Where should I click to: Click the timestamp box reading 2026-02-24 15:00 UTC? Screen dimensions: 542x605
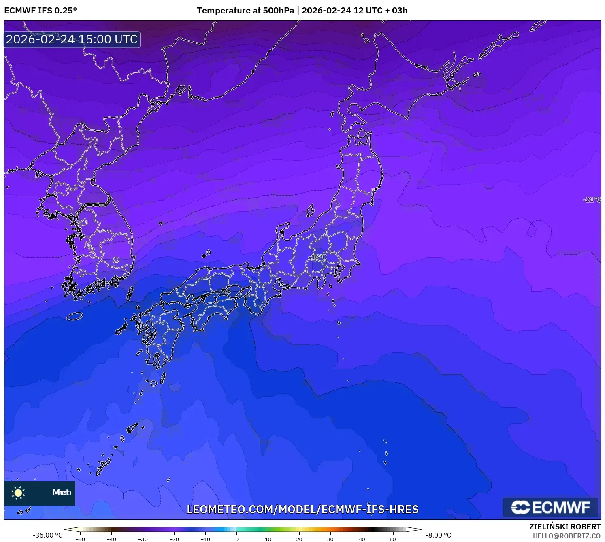72,39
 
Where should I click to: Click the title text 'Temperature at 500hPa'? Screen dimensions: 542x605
245,11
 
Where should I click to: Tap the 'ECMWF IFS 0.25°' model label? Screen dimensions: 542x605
40,11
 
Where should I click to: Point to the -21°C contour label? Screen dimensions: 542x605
592,199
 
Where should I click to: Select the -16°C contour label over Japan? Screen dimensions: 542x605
319,257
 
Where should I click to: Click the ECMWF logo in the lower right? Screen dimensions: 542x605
550,507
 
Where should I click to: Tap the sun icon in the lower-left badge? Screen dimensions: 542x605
18,493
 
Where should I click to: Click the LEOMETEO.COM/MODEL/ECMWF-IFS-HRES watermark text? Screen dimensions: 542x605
302,509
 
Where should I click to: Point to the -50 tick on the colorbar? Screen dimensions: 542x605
80,539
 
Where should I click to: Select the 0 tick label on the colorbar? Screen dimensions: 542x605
237,539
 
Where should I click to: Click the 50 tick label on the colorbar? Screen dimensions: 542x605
393,539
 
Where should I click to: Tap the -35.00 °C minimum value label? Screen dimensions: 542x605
47,535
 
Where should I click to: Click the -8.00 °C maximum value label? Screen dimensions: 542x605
438,535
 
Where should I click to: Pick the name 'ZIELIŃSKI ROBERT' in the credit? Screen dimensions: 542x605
565,527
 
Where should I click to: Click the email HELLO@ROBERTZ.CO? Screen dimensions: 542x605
566,536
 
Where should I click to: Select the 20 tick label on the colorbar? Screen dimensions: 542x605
299,539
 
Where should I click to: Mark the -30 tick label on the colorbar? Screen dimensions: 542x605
143,539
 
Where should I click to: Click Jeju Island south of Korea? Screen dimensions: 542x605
75,316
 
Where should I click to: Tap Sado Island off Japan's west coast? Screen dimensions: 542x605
310,210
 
